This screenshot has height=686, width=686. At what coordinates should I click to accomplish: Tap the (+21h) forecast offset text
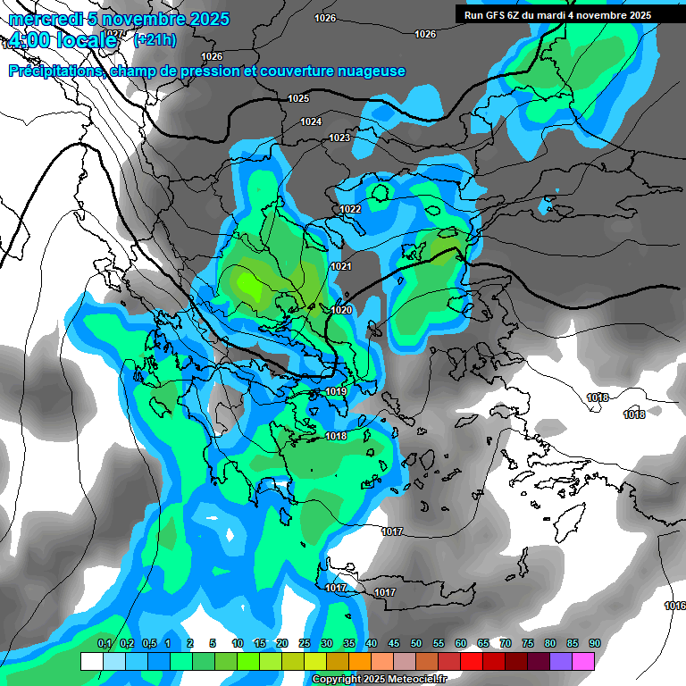click(x=155, y=39)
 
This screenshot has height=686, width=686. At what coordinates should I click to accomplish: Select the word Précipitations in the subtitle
click(x=55, y=71)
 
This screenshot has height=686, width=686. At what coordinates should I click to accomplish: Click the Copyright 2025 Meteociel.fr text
click(x=378, y=679)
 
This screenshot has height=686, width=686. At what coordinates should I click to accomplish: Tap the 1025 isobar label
click(x=299, y=98)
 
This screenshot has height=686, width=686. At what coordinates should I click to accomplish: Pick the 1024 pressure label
click(x=311, y=121)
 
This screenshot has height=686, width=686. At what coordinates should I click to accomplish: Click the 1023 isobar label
click(x=339, y=138)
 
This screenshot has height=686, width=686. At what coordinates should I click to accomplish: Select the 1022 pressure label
click(x=350, y=209)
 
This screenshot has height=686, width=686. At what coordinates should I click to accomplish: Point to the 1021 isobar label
click(x=341, y=266)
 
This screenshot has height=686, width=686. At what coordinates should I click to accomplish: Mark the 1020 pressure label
click(x=341, y=310)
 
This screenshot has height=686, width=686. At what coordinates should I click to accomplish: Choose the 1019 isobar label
click(x=336, y=391)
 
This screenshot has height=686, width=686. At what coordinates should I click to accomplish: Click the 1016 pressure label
click(x=674, y=606)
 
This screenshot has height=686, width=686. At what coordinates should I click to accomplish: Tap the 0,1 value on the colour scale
click(x=105, y=644)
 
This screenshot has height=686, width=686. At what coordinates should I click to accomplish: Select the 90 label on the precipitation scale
click(x=594, y=644)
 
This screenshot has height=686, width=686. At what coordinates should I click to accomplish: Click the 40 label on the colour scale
click(x=371, y=644)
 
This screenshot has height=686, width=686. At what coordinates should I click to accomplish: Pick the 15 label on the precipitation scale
click(x=259, y=644)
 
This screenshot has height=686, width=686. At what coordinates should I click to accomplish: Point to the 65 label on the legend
click(x=482, y=644)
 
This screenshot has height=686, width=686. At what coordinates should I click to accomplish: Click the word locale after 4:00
click(x=85, y=40)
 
